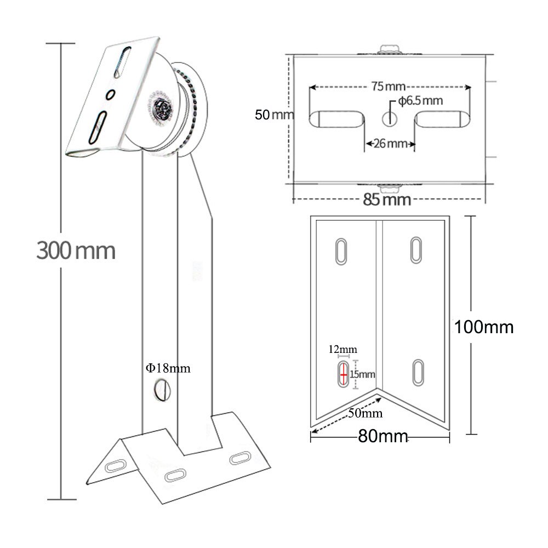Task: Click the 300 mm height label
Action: coord(76,250)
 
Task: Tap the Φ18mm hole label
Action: coord(168,368)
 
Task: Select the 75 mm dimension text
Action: coord(388,87)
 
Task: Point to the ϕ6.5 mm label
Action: coord(420,101)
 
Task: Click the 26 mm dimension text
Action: coord(390,143)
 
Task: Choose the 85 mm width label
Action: coord(387,199)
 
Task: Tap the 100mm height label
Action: coord(484,327)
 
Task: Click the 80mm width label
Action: coord(383,436)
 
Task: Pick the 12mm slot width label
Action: coord(342,349)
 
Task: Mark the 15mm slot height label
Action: coord(362,374)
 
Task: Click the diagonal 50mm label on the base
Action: coord(365,413)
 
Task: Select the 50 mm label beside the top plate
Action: coord(275,115)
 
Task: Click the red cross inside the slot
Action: coord(344,375)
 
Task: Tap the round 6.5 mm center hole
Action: coord(389,119)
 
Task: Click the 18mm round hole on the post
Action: coord(163,390)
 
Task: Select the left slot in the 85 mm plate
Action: coord(336,119)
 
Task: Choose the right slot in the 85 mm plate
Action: coord(442,119)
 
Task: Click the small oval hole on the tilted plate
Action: coord(111,94)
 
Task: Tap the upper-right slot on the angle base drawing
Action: coord(416,250)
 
